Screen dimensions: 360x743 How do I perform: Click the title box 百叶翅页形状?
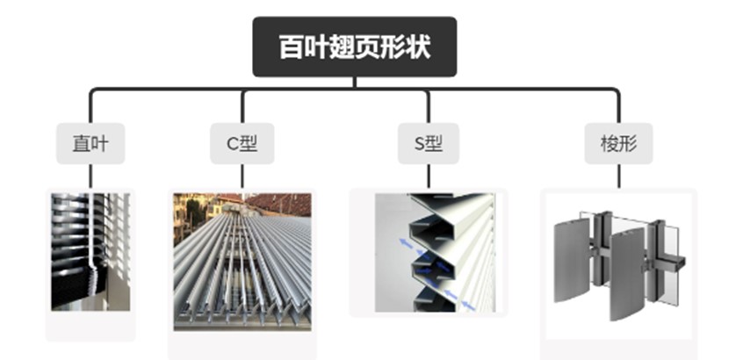coord(355,47)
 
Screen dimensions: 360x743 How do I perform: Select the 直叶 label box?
coord(90,143)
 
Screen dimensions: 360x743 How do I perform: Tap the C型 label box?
coord(242,143)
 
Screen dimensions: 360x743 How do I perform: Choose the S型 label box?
coord(429,143)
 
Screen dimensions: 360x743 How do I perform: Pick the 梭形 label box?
coord(618,143)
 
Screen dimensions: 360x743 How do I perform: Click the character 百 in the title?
coord(291,47)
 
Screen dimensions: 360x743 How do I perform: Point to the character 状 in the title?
coord(420,47)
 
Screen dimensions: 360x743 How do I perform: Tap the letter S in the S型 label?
coord(418,143)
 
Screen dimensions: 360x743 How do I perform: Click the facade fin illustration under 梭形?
coord(618,262)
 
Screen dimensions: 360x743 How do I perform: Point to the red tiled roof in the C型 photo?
coord(279,203)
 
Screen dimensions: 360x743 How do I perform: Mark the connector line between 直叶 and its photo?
coord(90,176)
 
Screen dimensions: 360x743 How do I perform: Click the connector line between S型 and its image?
coord(429,176)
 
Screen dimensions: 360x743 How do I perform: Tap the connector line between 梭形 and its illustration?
coord(618,176)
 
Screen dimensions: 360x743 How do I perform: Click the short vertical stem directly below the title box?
coord(355,83)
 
